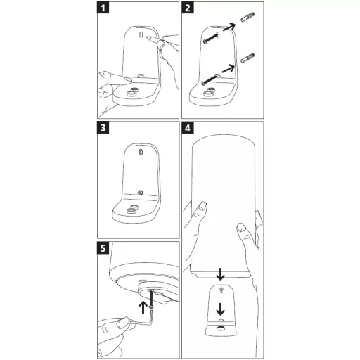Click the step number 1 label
pyautogui.click(x=103, y=8)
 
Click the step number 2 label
pyautogui.click(x=188, y=8)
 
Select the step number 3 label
pyautogui.click(x=103, y=128)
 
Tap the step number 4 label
pyautogui.click(x=188, y=128)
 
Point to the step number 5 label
pyautogui.click(x=103, y=248)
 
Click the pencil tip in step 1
pyautogui.click(x=146, y=37)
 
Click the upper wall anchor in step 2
pyautogui.click(x=247, y=17)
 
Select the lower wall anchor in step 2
pyautogui.click(x=247, y=58)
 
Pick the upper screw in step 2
pyautogui.click(x=212, y=39)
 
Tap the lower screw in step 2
pyautogui.click(x=210, y=79)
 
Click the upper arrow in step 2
pyautogui.click(x=229, y=27)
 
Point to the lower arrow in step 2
pyautogui.click(x=229, y=68)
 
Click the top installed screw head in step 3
pyautogui.click(x=141, y=153)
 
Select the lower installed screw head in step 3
pyautogui.click(x=140, y=193)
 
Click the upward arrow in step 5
pyautogui.click(x=143, y=307)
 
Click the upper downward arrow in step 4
pyautogui.click(x=220, y=274)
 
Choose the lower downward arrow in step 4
pyautogui.click(x=220, y=309)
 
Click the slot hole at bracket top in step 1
pyautogui.click(x=141, y=34)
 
